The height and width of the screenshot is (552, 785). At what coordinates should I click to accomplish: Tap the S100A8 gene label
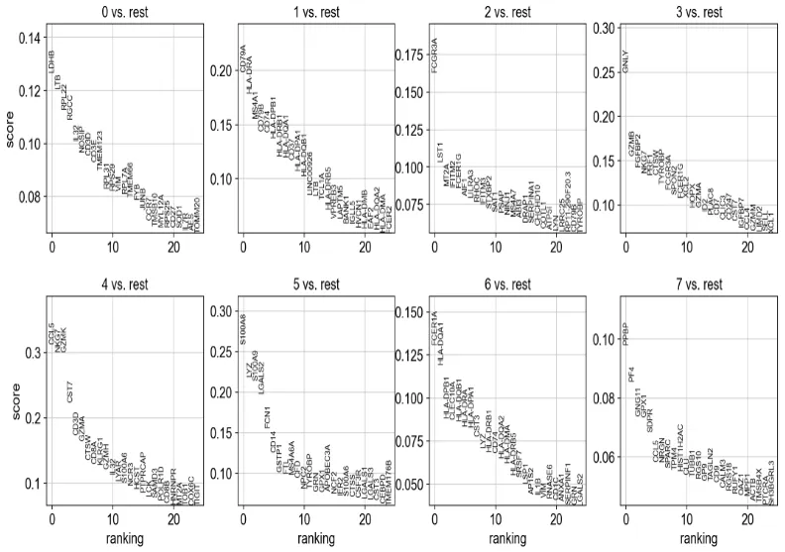[243, 329]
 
